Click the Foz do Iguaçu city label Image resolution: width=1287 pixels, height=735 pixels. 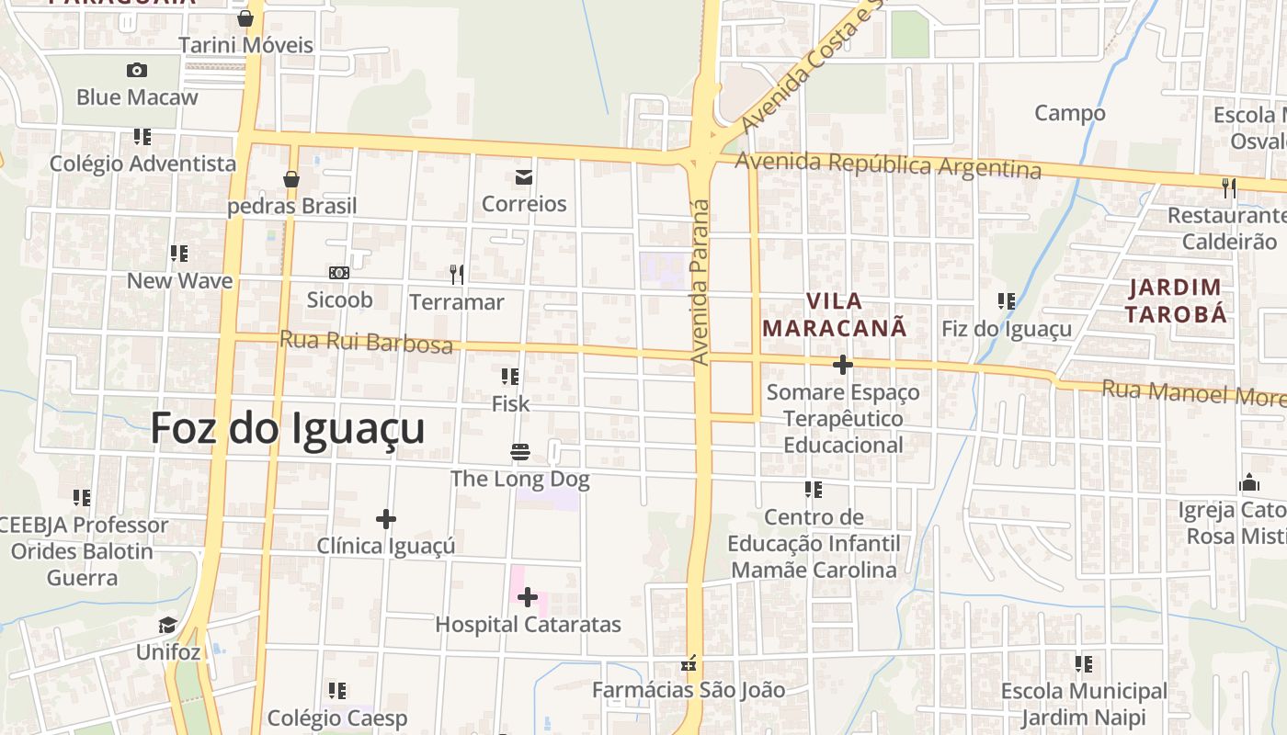pos(288,428)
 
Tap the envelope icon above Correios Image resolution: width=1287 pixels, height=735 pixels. pos(524,177)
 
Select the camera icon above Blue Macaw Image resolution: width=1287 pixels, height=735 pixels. pos(137,70)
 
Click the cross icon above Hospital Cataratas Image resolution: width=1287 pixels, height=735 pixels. pos(527,598)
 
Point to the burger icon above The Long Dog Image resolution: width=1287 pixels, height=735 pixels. pos(520,452)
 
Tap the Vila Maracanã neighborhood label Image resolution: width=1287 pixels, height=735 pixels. pos(835,314)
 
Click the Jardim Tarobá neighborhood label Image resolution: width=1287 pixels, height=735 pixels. pos(1178,300)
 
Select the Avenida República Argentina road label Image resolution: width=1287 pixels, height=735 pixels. pos(888,165)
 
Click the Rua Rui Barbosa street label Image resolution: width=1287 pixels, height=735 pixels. pos(366,342)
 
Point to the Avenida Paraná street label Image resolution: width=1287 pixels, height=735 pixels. pos(700,281)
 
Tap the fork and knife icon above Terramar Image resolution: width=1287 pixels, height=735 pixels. pos(456,274)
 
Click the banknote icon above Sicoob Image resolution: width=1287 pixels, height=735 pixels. pos(339,273)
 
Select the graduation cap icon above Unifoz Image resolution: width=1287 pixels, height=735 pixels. pos(167,626)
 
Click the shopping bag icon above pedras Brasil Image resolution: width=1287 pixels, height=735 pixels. pos(291,178)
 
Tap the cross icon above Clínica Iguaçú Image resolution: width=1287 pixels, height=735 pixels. pos(386,519)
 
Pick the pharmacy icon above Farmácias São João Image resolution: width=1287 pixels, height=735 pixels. pos(689,663)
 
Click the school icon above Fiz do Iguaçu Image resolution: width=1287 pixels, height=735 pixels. pos(1007,300)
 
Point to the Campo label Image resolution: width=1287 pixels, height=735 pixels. pos(1070,113)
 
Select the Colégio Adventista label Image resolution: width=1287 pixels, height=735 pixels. pos(143,164)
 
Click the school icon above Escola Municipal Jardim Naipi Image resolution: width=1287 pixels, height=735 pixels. pos(1084,663)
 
